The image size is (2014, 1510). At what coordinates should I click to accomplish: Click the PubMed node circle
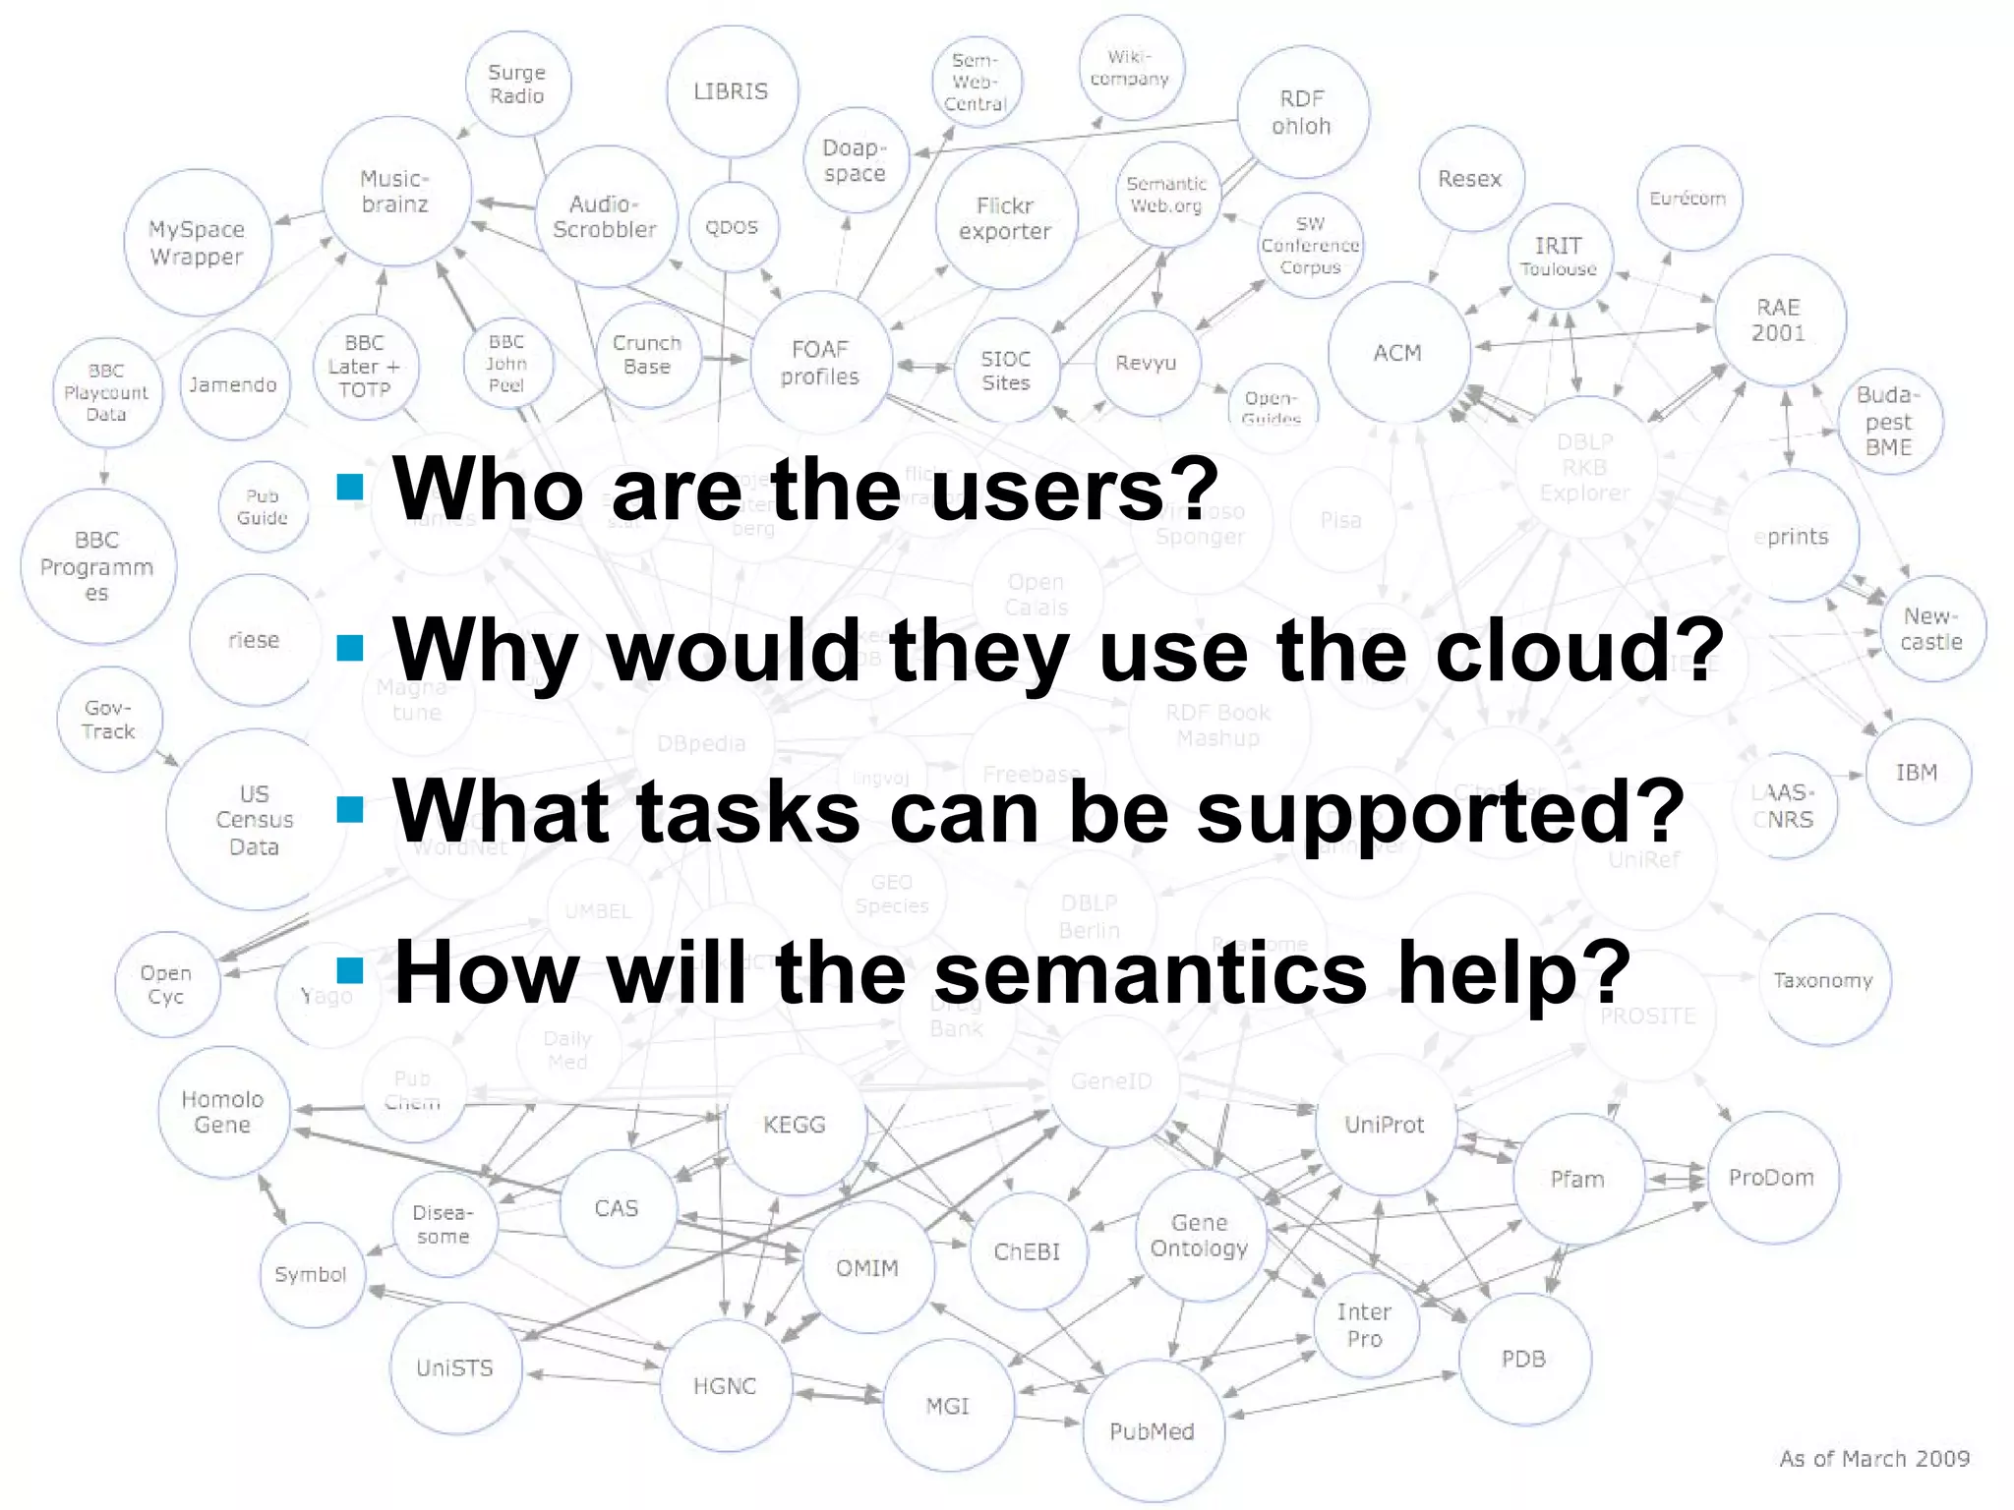point(1152,1430)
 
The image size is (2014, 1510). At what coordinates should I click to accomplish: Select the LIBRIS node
point(731,91)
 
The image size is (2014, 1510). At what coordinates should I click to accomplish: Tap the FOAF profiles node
point(819,363)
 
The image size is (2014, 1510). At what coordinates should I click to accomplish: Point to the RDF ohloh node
point(1301,112)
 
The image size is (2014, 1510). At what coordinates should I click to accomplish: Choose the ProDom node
point(1771,1177)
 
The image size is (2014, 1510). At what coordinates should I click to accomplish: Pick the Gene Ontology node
point(1199,1235)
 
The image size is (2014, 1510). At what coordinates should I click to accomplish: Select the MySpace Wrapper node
point(197,242)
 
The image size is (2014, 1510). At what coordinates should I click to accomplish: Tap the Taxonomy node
point(1823,979)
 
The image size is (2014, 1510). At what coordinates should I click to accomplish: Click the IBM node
point(1916,772)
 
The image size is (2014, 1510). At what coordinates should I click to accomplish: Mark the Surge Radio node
point(516,84)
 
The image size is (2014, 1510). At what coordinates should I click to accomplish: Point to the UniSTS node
point(454,1367)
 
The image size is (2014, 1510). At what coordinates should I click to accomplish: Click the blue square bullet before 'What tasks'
point(350,809)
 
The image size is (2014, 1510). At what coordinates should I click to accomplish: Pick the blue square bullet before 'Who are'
point(350,487)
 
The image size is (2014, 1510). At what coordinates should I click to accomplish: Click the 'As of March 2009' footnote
point(1873,1458)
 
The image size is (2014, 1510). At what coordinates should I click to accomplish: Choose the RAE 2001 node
point(1778,319)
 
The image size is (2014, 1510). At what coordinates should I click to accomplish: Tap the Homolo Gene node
point(223,1112)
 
